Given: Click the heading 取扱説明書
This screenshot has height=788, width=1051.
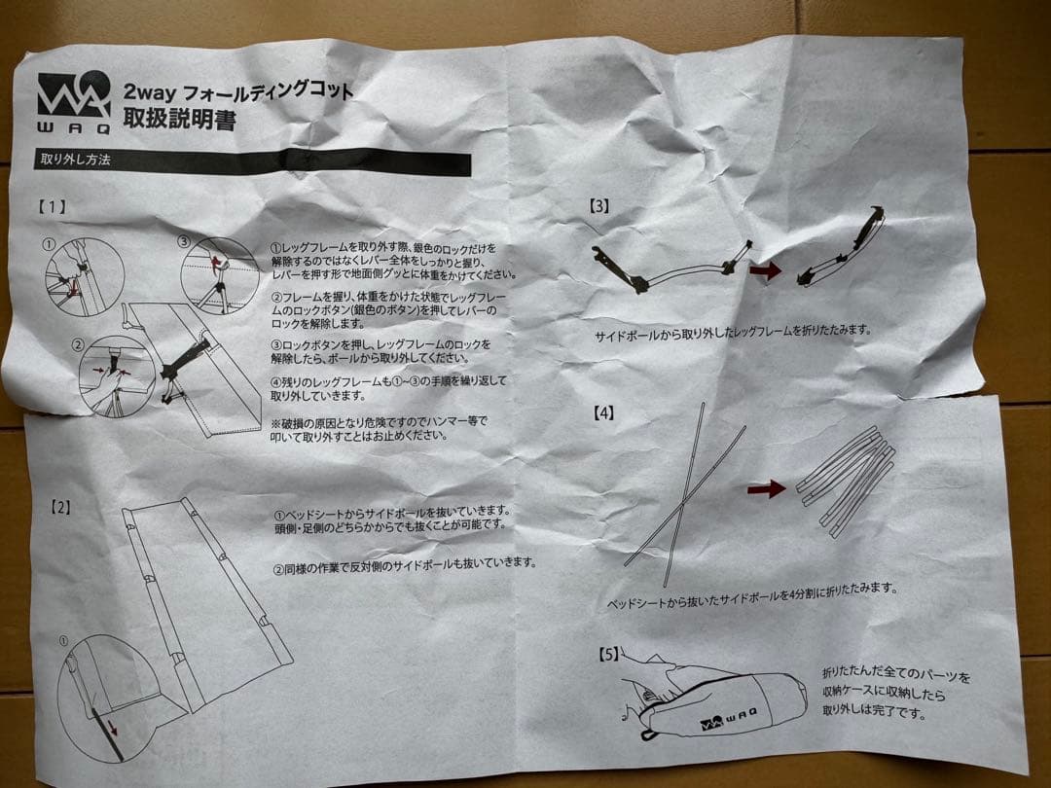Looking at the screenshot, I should pos(179,121).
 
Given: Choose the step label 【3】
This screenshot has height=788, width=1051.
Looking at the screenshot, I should pos(599,205).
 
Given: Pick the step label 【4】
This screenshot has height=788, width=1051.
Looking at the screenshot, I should pos(604,412).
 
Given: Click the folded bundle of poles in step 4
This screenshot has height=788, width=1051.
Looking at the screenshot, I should pos(845,477).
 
